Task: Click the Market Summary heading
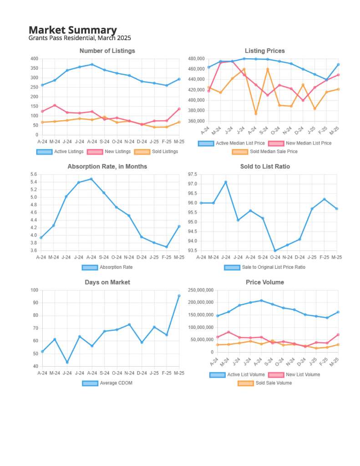tap(73, 30)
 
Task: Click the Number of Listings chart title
tap(107, 51)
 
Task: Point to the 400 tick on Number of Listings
tap(34, 59)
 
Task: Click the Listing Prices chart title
tap(264, 51)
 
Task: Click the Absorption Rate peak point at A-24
tap(91, 179)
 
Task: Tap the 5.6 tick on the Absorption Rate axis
tap(34, 174)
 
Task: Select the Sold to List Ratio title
tap(265, 167)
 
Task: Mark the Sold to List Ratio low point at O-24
tap(275, 251)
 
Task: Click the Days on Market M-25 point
tap(179, 296)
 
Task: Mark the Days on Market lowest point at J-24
tap(67, 363)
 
